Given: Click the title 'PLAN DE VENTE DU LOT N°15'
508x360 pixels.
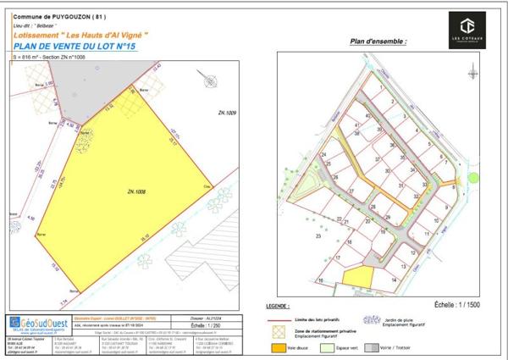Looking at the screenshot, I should pos(81,47).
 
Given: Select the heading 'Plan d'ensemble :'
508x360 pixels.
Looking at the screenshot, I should pos(378,42).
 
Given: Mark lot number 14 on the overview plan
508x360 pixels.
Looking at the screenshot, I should pos(395,278).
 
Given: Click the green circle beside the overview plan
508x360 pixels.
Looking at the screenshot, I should pos(474,178).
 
